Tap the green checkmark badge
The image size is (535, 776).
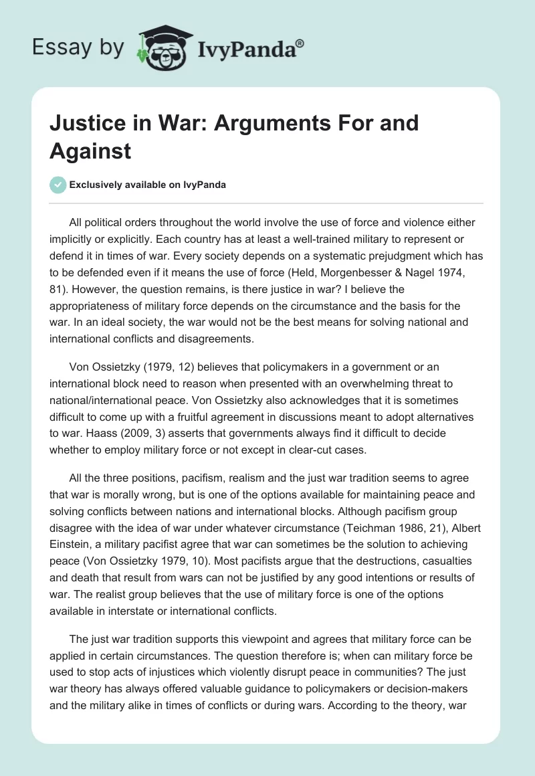tap(58, 185)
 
